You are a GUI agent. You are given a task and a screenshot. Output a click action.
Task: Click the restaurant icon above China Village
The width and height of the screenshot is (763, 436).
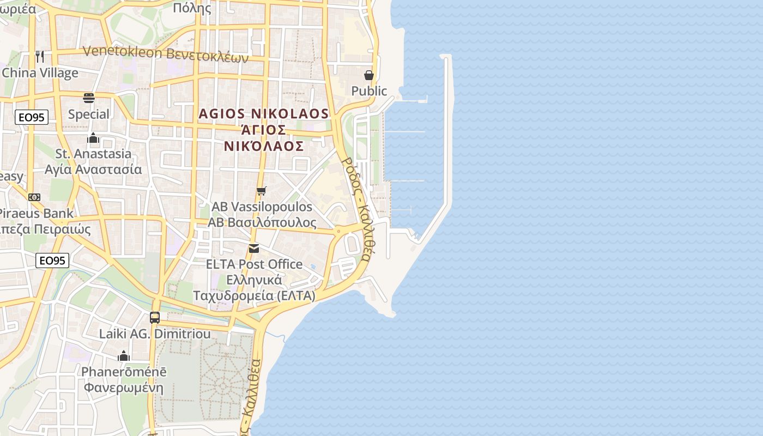[x=40, y=56]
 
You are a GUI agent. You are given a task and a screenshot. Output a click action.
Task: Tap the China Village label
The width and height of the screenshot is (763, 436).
[x=40, y=73]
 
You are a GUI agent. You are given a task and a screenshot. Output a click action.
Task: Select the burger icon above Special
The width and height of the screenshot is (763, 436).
[x=89, y=98]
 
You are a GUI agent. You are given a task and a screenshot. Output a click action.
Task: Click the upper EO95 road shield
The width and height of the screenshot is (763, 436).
[x=32, y=117]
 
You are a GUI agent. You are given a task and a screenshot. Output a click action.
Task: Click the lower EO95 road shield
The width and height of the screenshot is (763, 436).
[x=52, y=261]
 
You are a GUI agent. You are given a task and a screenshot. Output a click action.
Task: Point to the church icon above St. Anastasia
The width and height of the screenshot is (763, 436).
[x=93, y=138]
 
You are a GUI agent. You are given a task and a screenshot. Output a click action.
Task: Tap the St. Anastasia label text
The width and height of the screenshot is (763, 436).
[x=93, y=154]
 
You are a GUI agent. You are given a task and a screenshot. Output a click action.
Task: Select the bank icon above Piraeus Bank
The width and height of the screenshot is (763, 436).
[x=34, y=197]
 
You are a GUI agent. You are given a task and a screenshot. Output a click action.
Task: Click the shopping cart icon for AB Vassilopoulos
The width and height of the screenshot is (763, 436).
[x=262, y=191]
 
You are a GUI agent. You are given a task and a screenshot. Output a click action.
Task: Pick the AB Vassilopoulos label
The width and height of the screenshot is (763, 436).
[x=262, y=207]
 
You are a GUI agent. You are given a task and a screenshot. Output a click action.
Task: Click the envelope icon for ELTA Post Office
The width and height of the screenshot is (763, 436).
[x=254, y=249]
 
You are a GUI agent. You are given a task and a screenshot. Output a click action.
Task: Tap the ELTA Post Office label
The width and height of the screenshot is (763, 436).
[x=254, y=264]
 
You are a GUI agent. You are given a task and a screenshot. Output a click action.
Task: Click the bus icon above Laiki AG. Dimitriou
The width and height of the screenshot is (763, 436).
[x=155, y=317]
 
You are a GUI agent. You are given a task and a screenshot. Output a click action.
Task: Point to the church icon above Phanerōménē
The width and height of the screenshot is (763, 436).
[x=124, y=356]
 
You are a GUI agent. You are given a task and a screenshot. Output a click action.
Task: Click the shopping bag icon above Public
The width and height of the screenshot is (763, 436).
[x=369, y=75]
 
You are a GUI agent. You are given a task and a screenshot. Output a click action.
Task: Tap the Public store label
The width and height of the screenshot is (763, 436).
[x=369, y=91]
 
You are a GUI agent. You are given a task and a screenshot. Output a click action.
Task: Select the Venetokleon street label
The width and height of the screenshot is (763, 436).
[x=166, y=53]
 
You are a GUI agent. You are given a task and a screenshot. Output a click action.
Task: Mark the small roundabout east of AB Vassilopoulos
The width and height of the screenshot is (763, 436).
[x=338, y=231]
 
